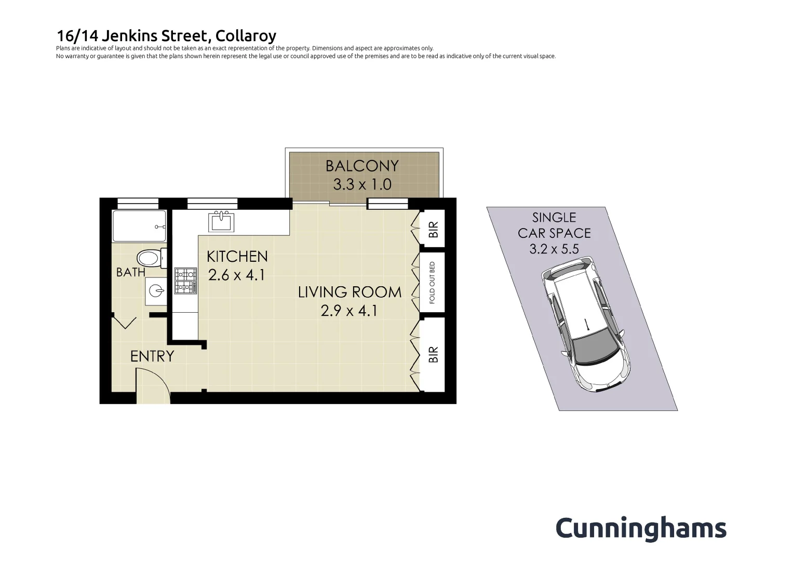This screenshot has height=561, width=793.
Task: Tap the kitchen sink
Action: coord(221,222)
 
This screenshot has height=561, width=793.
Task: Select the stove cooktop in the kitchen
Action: coord(185,280)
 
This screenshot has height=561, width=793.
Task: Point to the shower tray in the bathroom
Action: coord(139,226)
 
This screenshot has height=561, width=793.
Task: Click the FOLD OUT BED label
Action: coord(432,282)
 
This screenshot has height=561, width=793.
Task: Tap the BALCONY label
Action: coord(362,166)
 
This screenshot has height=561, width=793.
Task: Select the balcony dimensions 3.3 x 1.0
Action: coord(362,184)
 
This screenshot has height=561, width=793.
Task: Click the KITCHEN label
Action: coord(237,256)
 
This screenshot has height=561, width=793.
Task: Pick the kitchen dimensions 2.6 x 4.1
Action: coord(237,275)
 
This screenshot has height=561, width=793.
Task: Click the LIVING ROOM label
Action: coord(350,292)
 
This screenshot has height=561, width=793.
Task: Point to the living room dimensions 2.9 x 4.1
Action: coord(349,311)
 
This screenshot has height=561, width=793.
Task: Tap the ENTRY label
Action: coord(152,356)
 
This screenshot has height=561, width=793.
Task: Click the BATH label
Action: coord(130,272)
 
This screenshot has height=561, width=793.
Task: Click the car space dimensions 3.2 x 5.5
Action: coord(554,249)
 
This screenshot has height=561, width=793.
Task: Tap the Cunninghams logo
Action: coord(641,528)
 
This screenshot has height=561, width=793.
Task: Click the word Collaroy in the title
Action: coord(246,36)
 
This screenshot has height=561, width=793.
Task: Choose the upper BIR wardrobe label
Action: coord(433,230)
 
